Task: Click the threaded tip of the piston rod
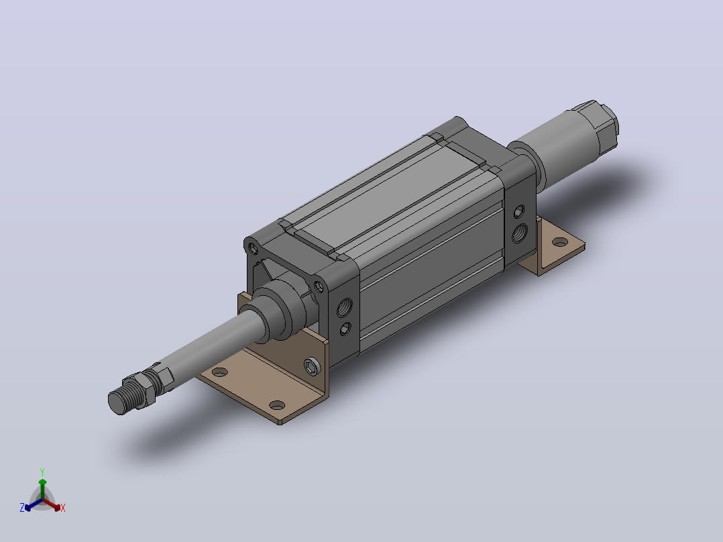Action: [x=118, y=401]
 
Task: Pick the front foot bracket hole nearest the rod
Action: [x=220, y=372]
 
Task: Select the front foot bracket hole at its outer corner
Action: [x=276, y=405]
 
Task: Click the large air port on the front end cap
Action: [x=345, y=307]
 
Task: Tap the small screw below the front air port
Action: [x=345, y=329]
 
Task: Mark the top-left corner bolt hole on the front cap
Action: [x=253, y=249]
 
